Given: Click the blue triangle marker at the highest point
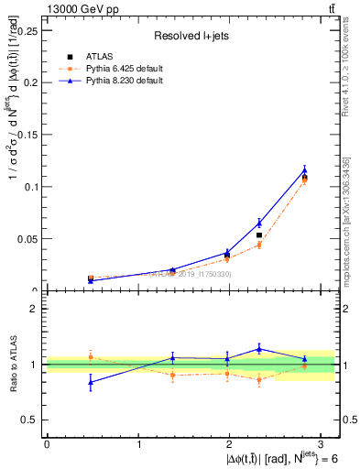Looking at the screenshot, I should click(x=304, y=169).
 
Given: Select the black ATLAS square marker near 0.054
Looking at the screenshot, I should click(x=259, y=235).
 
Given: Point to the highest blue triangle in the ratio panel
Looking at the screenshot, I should click(x=259, y=348).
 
